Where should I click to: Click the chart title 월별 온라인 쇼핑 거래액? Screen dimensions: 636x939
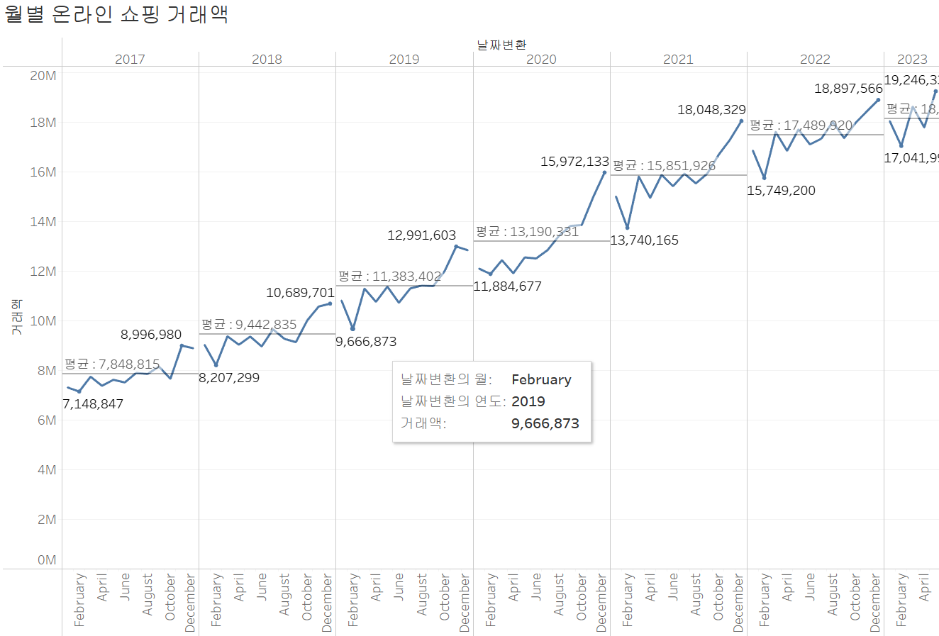coord(116,14)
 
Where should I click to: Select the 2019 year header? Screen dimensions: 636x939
coord(404,60)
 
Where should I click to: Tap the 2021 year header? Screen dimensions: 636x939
coord(678,60)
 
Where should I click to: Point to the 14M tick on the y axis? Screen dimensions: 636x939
coord(43,222)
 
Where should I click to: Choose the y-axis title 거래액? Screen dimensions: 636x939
coord(16,318)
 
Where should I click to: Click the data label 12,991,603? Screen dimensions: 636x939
coord(421,235)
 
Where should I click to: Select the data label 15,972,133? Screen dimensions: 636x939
coord(574,162)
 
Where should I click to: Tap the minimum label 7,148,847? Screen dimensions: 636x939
coord(93,404)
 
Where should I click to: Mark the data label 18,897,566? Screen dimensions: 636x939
coord(848,89)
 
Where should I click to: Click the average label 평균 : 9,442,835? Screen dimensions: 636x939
coord(249,325)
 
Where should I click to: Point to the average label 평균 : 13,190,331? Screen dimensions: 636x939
coord(527,232)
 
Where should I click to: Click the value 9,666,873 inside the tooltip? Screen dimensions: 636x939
coord(545,424)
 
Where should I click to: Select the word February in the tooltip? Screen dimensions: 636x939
coord(541,380)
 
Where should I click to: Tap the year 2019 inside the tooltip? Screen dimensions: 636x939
coord(528,402)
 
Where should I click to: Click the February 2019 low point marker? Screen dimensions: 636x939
coord(353,329)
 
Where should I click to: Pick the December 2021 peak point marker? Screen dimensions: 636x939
coord(741,121)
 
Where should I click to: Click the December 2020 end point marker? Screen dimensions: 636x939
coord(604,172)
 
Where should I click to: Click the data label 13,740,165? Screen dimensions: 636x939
coord(644,240)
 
